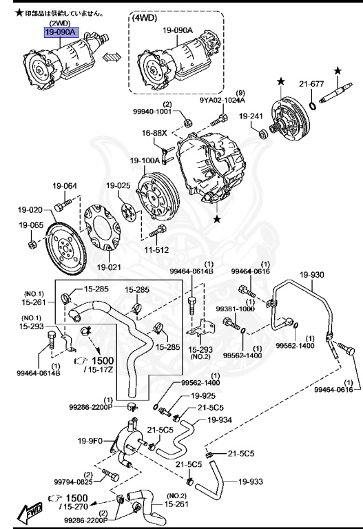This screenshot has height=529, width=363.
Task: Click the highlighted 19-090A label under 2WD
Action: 61,32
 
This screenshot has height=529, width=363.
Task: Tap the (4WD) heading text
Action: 145,18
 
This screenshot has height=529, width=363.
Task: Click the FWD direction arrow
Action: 30,511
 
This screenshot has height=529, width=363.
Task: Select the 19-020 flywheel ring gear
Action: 65,247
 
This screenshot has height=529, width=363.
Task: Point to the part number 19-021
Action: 109,267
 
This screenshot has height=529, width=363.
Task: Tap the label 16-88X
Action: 154,133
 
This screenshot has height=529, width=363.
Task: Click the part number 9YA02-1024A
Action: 222,100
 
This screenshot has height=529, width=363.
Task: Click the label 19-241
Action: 251,116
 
